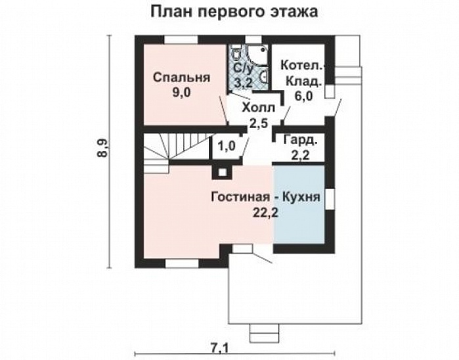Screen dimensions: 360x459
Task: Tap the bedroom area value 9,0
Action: point(181,93)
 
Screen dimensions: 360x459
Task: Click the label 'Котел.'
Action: point(301,66)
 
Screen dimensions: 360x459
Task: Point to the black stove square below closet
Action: point(221,172)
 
